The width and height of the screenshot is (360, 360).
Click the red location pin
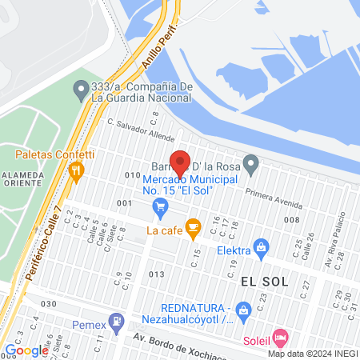tap(180, 162)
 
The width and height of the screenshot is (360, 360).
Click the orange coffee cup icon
tap(192, 228)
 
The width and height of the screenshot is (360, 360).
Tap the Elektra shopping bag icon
tap(260, 248)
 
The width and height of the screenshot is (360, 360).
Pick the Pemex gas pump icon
tap(117, 321)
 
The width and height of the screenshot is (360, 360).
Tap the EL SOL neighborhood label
tap(263, 282)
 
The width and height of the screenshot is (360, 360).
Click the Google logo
tap(26, 350)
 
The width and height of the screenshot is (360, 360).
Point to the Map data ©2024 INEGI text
tap(312, 354)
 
